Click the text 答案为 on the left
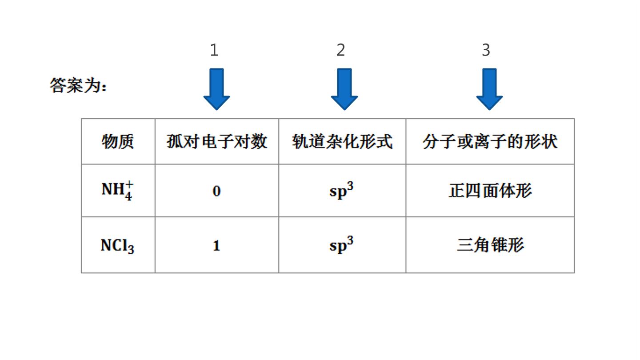click(x=78, y=85)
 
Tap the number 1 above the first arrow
click(x=214, y=50)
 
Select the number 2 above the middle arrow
click(x=340, y=50)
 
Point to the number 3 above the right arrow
click(x=486, y=50)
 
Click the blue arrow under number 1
click(x=216, y=89)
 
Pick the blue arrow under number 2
click(x=344, y=89)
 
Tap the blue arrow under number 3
click(x=489, y=89)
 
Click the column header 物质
click(x=118, y=141)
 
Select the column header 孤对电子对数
click(x=217, y=141)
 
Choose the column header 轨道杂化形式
click(x=342, y=141)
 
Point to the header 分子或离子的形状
click(x=490, y=141)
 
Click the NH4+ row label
click(x=117, y=190)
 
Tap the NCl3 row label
click(x=117, y=246)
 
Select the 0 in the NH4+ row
click(x=216, y=191)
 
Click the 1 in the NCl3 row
click(x=216, y=246)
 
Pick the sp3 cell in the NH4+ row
click(x=341, y=190)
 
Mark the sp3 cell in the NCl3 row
click(x=341, y=244)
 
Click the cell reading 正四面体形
click(x=490, y=191)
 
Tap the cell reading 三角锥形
click(x=490, y=245)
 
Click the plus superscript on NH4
click(x=129, y=184)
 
